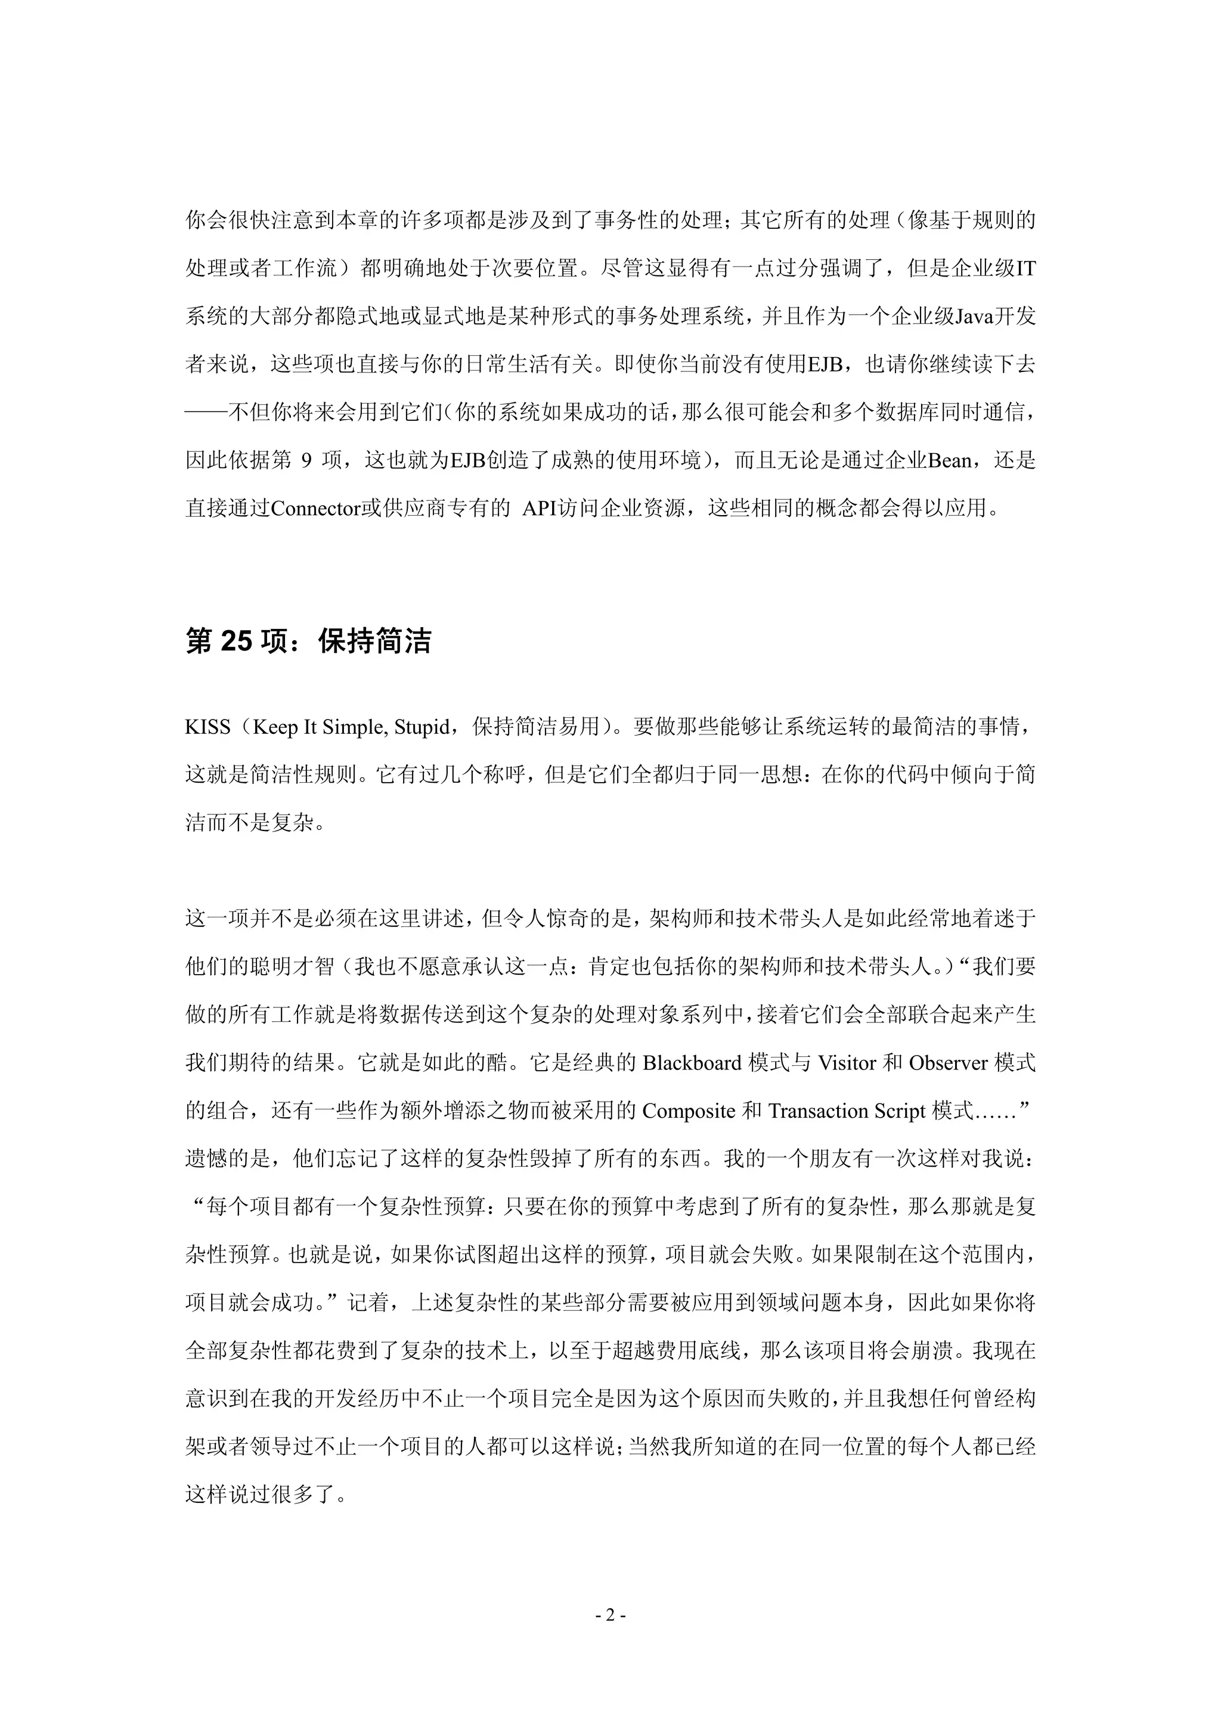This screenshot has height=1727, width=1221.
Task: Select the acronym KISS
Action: point(207,727)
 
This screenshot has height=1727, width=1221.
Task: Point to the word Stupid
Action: point(422,727)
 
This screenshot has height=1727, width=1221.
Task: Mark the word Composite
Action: point(689,1111)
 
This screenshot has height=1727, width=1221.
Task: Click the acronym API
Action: point(540,509)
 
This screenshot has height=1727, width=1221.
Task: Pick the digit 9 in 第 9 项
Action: point(305,460)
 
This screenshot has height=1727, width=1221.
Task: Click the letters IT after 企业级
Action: point(1025,268)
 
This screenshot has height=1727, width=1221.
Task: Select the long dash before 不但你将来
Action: point(207,412)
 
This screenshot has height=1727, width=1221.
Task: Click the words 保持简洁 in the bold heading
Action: point(374,641)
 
